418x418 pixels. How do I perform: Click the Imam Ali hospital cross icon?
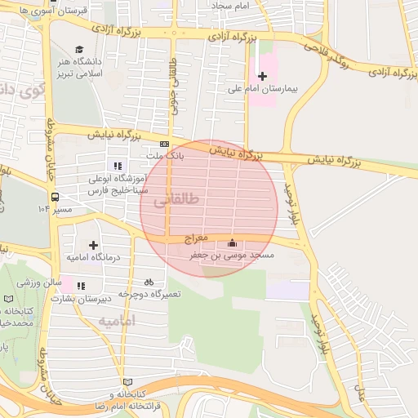coord(262,75)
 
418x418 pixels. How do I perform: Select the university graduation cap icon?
coord(79,50)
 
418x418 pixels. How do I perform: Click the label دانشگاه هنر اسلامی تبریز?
coord(79,69)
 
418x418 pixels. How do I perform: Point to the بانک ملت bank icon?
coord(164,143)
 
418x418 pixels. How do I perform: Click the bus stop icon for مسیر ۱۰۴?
coord(55,197)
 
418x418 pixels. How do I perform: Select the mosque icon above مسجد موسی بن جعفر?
coord(233,243)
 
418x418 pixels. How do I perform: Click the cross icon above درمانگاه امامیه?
coord(93,245)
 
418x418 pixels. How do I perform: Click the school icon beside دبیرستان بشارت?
coord(80,286)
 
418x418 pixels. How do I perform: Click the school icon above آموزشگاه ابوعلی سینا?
coord(118,166)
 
